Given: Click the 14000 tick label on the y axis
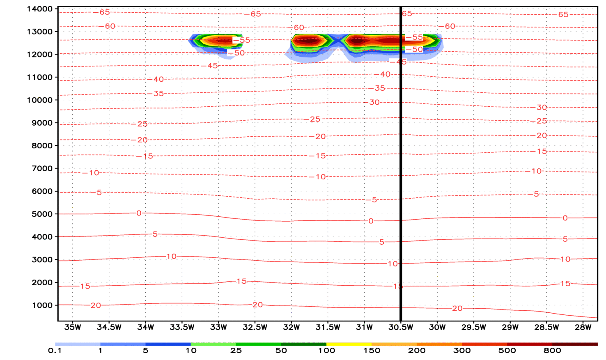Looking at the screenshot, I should coord(39,9).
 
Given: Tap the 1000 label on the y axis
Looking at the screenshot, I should coord(41,305).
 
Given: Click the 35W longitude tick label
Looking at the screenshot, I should coord(73,327).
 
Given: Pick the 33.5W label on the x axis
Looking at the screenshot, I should coord(182,327).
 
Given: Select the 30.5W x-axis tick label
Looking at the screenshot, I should coord(401,327).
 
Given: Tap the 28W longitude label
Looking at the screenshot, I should coord(583,327).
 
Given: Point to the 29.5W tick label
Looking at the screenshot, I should coord(473,327).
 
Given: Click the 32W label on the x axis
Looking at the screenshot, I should coord(291,327).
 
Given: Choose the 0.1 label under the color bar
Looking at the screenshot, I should coord(55,351).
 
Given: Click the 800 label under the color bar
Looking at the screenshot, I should coord(552,351).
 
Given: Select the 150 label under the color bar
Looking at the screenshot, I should coord(372,351).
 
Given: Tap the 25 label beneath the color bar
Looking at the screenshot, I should coord(236,351).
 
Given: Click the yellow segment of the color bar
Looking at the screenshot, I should coord(349,344).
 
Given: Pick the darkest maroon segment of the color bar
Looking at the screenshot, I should coord(575,344).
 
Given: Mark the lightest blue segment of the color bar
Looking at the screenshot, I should coord(78,344).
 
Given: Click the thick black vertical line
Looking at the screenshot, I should coord(401,164).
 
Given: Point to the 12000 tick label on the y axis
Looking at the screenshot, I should coord(39,55).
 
